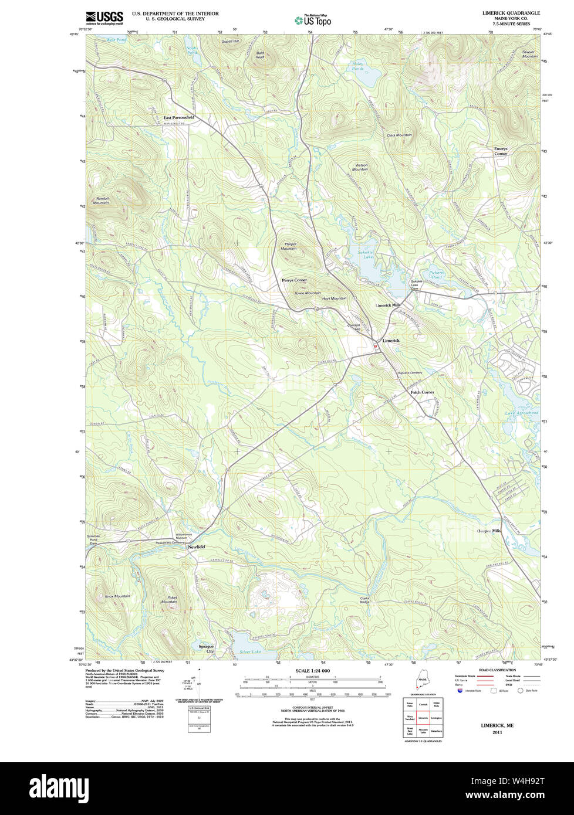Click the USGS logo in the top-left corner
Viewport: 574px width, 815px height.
click(x=104, y=18)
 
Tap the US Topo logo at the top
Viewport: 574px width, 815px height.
click(x=313, y=20)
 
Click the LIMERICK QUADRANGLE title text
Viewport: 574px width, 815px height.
click(x=511, y=13)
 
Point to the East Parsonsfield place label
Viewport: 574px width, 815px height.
click(x=179, y=117)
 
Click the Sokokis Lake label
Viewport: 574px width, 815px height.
click(x=366, y=254)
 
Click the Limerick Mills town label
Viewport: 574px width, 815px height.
click(x=388, y=305)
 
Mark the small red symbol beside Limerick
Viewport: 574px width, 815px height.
click(x=376, y=347)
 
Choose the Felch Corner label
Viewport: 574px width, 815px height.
click(x=422, y=392)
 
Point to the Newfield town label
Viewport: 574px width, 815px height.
click(x=196, y=546)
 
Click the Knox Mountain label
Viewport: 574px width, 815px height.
click(x=117, y=596)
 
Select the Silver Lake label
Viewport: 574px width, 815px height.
click(x=248, y=651)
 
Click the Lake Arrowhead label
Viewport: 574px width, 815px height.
click(x=522, y=413)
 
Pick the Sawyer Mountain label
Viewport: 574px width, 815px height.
click(x=529, y=54)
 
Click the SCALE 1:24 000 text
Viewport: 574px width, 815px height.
click(x=312, y=670)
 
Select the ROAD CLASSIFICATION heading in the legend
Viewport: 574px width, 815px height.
click(x=497, y=670)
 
